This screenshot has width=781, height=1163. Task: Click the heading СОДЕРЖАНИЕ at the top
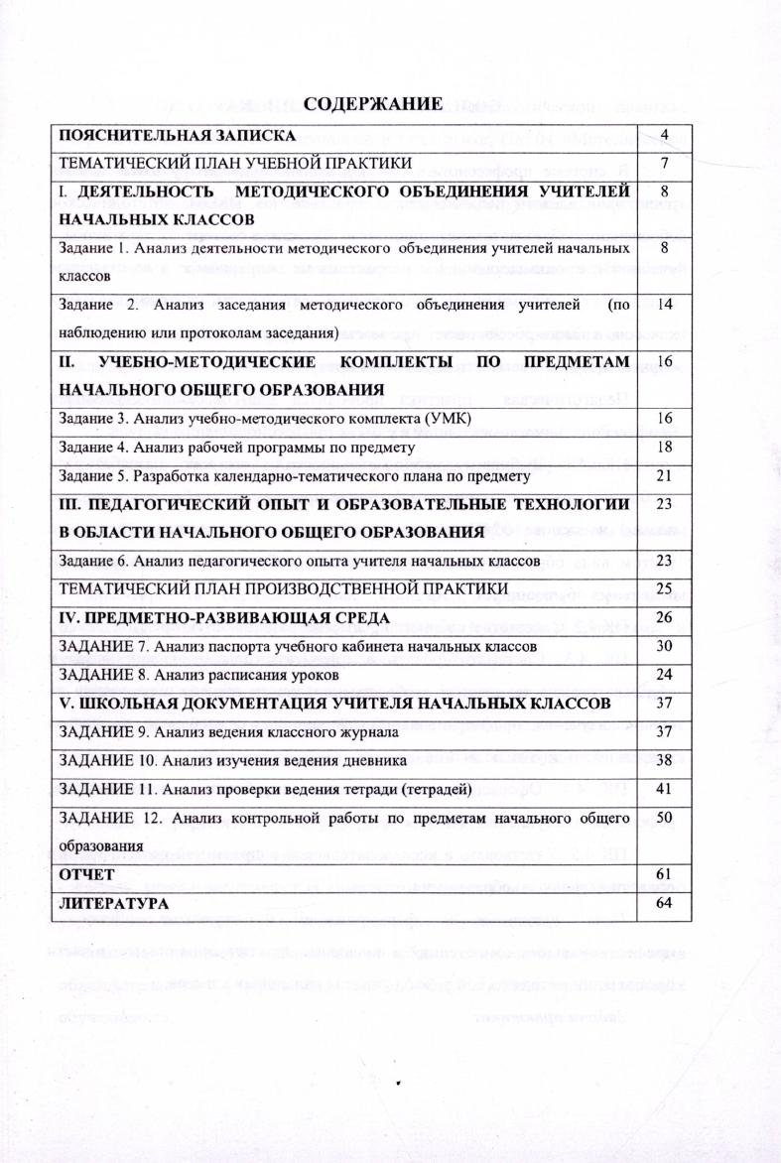click(372, 104)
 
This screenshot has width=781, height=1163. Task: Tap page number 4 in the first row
click(664, 134)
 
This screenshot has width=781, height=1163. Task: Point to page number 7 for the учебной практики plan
click(664, 161)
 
